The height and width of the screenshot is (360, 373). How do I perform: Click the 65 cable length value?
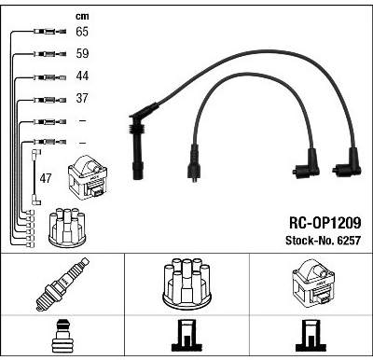point(82,32)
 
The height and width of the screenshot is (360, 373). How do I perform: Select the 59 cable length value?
point(82,53)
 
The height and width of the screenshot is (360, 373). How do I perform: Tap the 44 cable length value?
point(82,76)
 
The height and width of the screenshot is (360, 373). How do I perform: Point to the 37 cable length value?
point(82,98)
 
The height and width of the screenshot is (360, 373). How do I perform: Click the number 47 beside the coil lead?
point(46,178)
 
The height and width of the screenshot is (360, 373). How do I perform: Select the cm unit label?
point(82,16)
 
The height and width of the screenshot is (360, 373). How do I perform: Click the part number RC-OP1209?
point(325,223)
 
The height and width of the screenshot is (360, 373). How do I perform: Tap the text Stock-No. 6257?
point(323,241)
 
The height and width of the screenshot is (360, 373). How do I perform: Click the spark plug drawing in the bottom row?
point(63,284)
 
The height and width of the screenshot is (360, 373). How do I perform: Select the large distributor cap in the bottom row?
point(186,284)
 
